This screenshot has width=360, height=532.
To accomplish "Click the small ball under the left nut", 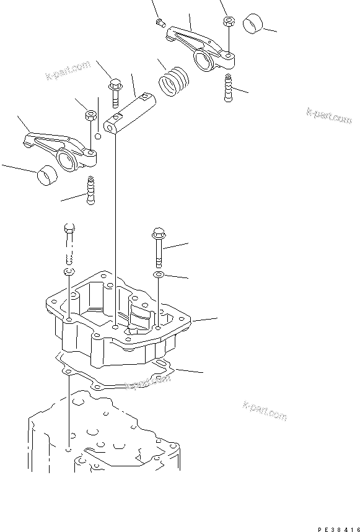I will tap(97, 137).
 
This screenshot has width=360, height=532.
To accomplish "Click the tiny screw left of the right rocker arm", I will tap(160, 23).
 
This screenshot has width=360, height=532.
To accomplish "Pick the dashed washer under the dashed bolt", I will tap(69, 273).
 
